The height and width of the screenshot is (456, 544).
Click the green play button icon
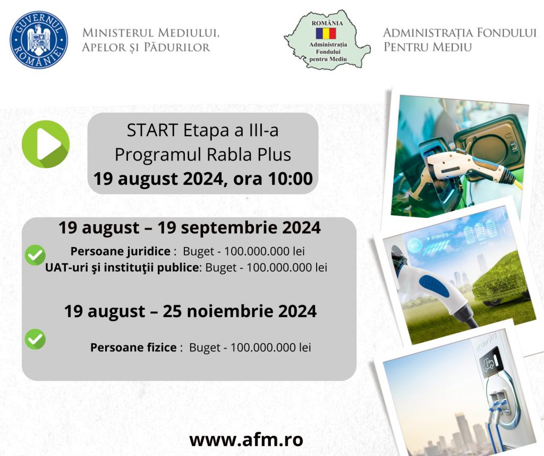(46, 144)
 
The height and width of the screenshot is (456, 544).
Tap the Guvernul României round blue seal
(38, 39)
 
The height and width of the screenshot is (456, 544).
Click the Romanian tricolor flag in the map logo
(326, 33)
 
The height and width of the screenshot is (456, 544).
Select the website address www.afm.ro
(246, 440)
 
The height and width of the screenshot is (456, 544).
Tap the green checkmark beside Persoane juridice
(35, 255)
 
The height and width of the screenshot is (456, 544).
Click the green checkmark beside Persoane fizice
(35, 339)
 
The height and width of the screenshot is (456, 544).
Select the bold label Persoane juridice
(121, 251)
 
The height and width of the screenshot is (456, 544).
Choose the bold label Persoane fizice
(133, 348)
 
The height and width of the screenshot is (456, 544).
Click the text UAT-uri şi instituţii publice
(122, 267)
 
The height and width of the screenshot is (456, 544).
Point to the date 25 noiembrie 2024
(240, 311)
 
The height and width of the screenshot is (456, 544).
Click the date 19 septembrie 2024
(239, 228)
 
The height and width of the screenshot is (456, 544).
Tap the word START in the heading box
(152, 131)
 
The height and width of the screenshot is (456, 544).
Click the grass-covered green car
(501, 280)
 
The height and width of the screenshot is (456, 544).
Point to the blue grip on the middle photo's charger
(434, 285)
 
